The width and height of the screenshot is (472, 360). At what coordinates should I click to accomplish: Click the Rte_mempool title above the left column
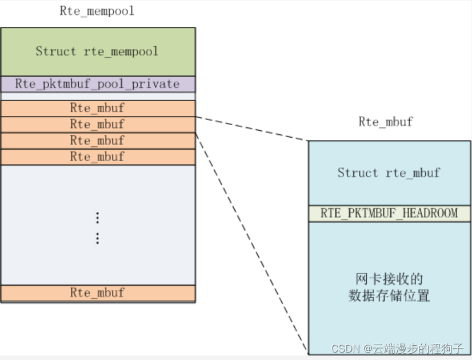pyautogui.click(x=97, y=11)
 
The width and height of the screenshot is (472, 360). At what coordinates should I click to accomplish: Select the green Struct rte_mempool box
pyautogui.click(x=97, y=51)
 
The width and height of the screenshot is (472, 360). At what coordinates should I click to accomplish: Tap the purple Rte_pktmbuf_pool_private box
pyautogui.click(x=97, y=84)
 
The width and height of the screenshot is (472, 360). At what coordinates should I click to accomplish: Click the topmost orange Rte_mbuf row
pyautogui.click(x=97, y=108)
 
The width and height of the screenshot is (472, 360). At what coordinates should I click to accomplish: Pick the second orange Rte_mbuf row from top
pyautogui.click(x=97, y=124)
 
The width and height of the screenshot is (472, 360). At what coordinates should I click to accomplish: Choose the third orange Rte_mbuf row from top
pyautogui.click(x=97, y=141)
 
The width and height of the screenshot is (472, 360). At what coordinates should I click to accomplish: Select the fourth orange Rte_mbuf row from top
pyautogui.click(x=97, y=157)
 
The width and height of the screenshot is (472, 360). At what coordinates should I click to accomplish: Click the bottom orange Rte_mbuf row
pyautogui.click(x=97, y=293)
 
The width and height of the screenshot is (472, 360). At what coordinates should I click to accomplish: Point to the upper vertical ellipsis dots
pyautogui.click(x=98, y=218)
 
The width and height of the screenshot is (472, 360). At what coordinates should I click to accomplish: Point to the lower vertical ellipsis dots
pyautogui.click(x=98, y=238)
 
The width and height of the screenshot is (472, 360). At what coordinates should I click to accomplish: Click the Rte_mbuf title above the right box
pyautogui.click(x=386, y=122)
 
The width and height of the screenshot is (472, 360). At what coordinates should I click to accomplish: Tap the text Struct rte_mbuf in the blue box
pyautogui.click(x=389, y=173)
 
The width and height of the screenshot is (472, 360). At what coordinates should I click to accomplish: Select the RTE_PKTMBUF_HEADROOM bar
pyautogui.click(x=389, y=213)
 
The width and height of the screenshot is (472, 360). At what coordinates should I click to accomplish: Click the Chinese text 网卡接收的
pyautogui.click(x=389, y=279)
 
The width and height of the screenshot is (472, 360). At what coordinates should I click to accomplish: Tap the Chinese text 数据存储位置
pyautogui.click(x=389, y=296)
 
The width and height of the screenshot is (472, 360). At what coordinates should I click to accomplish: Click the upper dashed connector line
pyautogui.click(x=251, y=129)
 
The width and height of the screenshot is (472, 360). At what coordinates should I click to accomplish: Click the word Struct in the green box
pyautogui.click(x=55, y=51)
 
